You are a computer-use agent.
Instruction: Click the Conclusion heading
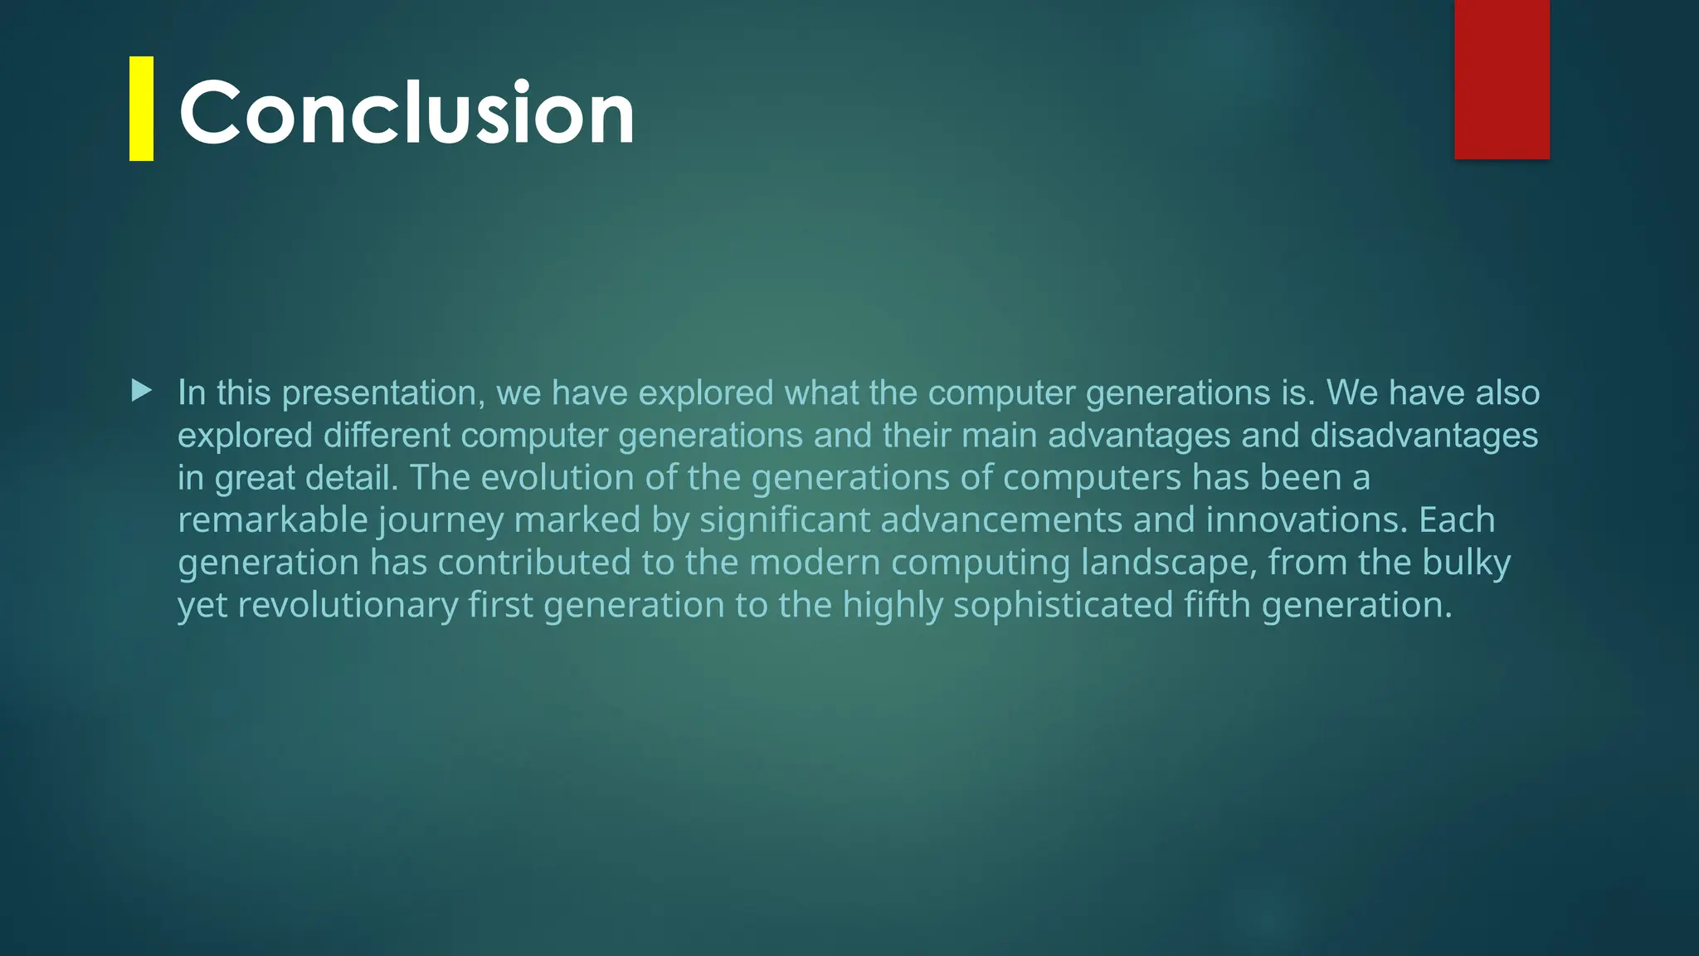point(406,112)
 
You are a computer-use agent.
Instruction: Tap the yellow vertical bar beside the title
point(141,108)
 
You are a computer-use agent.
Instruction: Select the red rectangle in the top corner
point(1502,79)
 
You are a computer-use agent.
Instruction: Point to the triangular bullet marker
point(142,390)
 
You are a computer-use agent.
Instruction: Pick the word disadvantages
point(1424,436)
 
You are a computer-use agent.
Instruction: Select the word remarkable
point(273,520)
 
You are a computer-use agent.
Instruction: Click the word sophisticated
point(1063,606)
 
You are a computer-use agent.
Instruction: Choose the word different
point(387,436)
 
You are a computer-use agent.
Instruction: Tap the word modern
point(815,563)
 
